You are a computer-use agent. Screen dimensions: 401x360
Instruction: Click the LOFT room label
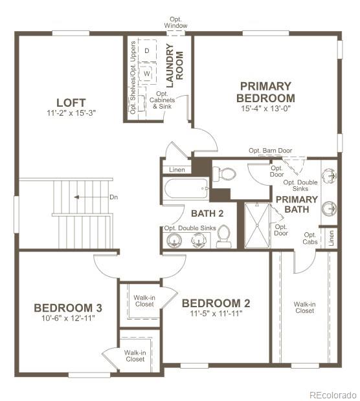pyautogui.click(x=70, y=102)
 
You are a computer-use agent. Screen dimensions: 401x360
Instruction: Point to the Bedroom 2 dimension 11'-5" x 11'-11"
pyautogui.click(x=216, y=314)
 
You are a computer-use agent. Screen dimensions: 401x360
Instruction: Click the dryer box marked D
pyautogui.click(x=147, y=50)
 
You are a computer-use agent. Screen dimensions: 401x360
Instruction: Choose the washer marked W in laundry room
pyautogui.click(x=147, y=73)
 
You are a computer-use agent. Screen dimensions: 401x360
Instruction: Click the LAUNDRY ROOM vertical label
pyautogui.click(x=175, y=65)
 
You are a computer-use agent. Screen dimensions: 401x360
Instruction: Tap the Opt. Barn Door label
pyautogui.click(x=270, y=151)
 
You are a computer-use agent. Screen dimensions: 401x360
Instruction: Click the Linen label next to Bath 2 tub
pyautogui.click(x=177, y=169)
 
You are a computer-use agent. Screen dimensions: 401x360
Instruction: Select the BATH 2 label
pyautogui.click(x=207, y=213)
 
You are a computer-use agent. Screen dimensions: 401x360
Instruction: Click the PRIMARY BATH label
pyautogui.click(x=297, y=204)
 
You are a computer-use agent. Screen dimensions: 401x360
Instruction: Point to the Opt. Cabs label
pyautogui.click(x=311, y=239)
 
